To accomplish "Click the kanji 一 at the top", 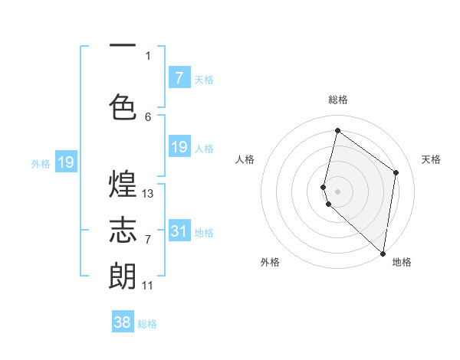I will tap(123, 47).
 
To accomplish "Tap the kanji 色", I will tap(123, 106).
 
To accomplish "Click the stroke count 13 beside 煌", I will tap(148, 194).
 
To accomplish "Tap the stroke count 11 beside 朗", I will tap(148, 286).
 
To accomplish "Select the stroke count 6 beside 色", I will tap(148, 116).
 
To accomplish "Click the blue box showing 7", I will tap(179, 78).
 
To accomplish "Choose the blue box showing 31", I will tap(179, 231).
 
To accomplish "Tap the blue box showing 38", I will tap(123, 322).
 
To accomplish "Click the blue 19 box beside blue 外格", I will tap(65, 162).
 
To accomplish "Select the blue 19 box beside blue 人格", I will tap(179, 147).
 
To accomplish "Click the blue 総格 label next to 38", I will tap(147, 324).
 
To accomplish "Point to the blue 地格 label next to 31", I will tap(204, 232).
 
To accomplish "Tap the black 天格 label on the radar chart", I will tap(432, 159).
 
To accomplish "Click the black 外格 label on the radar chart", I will tap(270, 263).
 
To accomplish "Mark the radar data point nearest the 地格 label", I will tap(383, 253).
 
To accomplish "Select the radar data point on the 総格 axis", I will tap(337, 131).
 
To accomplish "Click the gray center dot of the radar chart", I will tap(337, 190).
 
